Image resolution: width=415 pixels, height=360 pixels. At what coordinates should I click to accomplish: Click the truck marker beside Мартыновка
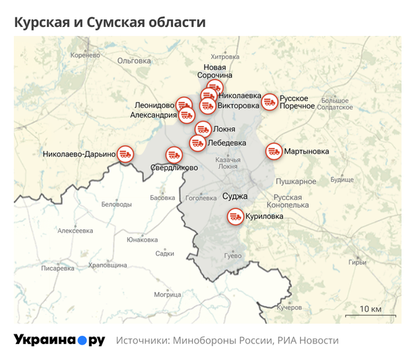click(274, 151)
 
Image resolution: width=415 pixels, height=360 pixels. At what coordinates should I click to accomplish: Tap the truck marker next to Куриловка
click(236, 217)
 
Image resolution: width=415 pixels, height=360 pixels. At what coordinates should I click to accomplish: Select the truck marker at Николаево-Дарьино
click(125, 154)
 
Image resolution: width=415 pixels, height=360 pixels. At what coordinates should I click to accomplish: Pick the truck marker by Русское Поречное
click(269, 102)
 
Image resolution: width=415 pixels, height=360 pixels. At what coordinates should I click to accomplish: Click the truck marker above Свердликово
click(173, 156)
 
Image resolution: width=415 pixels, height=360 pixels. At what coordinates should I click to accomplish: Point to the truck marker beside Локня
click(203, 129)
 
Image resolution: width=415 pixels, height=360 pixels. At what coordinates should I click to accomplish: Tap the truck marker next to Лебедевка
click(197, 143)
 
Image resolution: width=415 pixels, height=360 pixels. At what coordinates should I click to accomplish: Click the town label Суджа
click(235, 196)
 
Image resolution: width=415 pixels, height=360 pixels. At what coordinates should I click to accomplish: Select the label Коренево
click(86, 55)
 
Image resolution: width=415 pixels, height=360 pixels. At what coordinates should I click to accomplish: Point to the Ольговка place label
click(134, 61)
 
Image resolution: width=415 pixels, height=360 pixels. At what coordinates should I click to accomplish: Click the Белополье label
click(116, 204)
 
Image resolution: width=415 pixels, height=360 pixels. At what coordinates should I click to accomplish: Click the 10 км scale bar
click(371, 313)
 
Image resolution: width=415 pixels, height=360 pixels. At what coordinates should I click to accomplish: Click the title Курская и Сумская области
click(110, 22)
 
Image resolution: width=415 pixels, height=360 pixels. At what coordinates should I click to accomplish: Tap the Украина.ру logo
click(59, 341)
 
